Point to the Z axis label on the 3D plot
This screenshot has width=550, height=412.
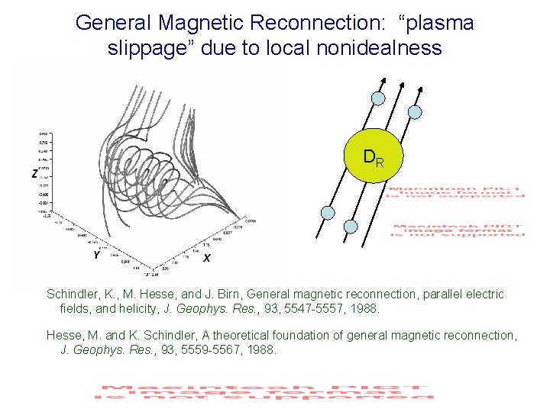[x=36, y=174]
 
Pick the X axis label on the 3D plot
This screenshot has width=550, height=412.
[x=207, y=259]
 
